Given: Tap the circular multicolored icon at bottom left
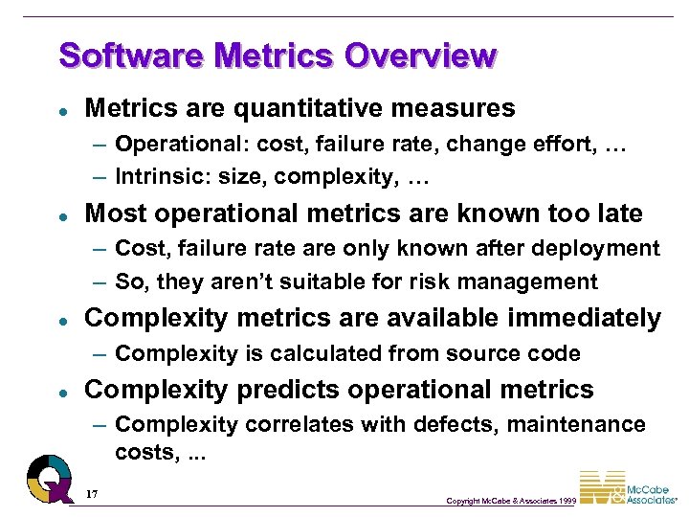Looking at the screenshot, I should tap(49, 476).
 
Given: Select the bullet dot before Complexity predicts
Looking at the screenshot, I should tap(61, 392).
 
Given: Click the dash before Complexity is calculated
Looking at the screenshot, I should tap(100, 354).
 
